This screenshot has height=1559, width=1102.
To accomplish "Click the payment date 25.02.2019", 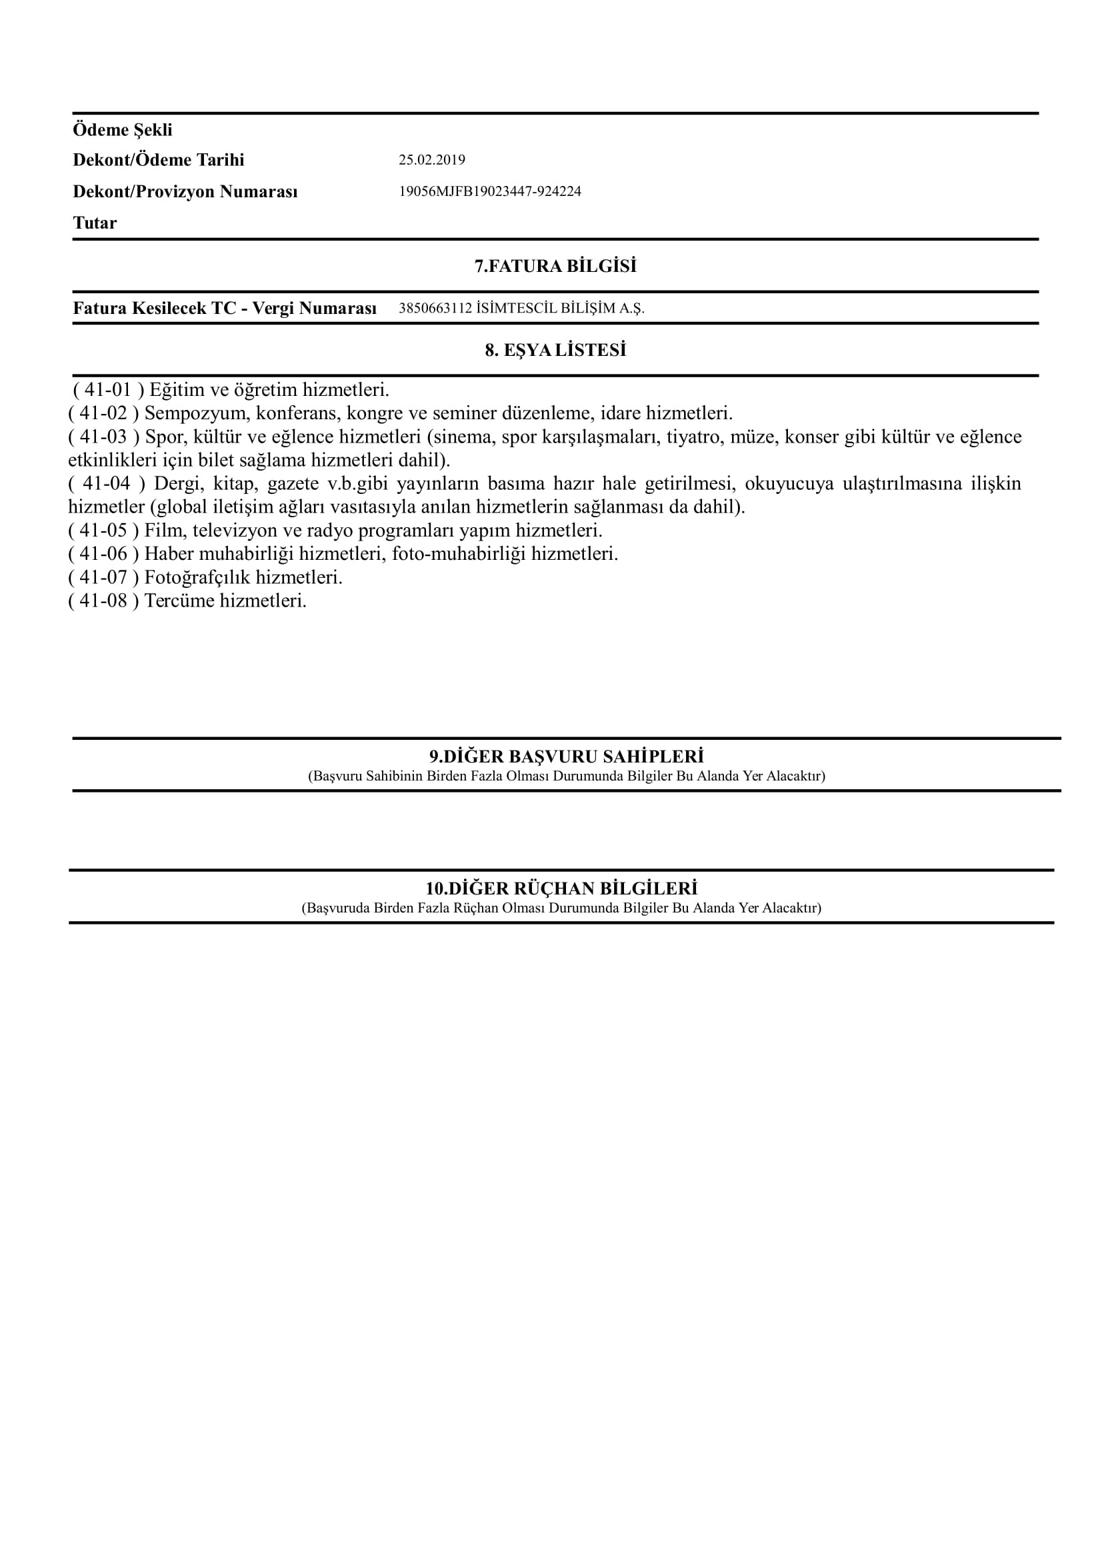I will (431, 160).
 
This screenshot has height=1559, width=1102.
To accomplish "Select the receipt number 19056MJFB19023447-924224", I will (489, 191).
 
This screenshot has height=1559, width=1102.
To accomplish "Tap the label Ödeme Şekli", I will (122, 130).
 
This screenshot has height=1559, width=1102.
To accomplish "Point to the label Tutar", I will (95, 223).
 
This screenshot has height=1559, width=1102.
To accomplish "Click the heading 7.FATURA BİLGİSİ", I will (555, 266).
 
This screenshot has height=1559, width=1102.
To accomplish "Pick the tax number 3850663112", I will (435, 309).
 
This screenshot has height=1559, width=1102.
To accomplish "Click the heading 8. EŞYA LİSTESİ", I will (555, 351).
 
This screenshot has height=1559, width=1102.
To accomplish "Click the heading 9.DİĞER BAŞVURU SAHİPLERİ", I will (566, 757).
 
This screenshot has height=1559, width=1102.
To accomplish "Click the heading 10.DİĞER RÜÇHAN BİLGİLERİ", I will (561, 888).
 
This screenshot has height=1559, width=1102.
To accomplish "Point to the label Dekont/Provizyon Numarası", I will (185, 191).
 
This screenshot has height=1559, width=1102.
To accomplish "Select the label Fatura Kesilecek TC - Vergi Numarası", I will (225, 309).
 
